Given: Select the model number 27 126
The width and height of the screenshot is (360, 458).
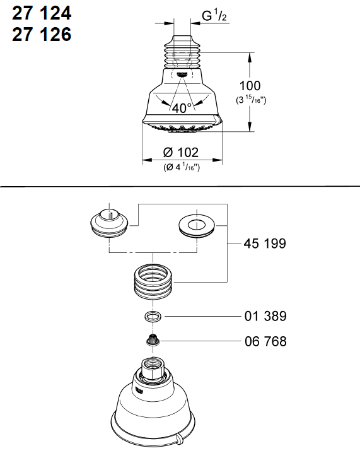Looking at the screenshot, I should (x=42, y=35).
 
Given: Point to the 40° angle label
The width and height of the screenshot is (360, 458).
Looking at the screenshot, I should (x=182, y=108).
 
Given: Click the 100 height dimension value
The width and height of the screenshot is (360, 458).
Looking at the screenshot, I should (x=250, y=86).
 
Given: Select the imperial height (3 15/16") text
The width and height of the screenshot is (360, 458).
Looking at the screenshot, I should (x=251, y=100).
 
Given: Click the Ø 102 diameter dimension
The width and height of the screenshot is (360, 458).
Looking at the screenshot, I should (x=180, y=152).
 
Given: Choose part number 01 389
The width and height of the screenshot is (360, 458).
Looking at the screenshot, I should (x=265, y=315).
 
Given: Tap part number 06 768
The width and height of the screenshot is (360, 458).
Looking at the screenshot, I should (x=265, y=341).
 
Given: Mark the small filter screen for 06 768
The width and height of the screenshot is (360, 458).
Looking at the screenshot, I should (x=151, y=341).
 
